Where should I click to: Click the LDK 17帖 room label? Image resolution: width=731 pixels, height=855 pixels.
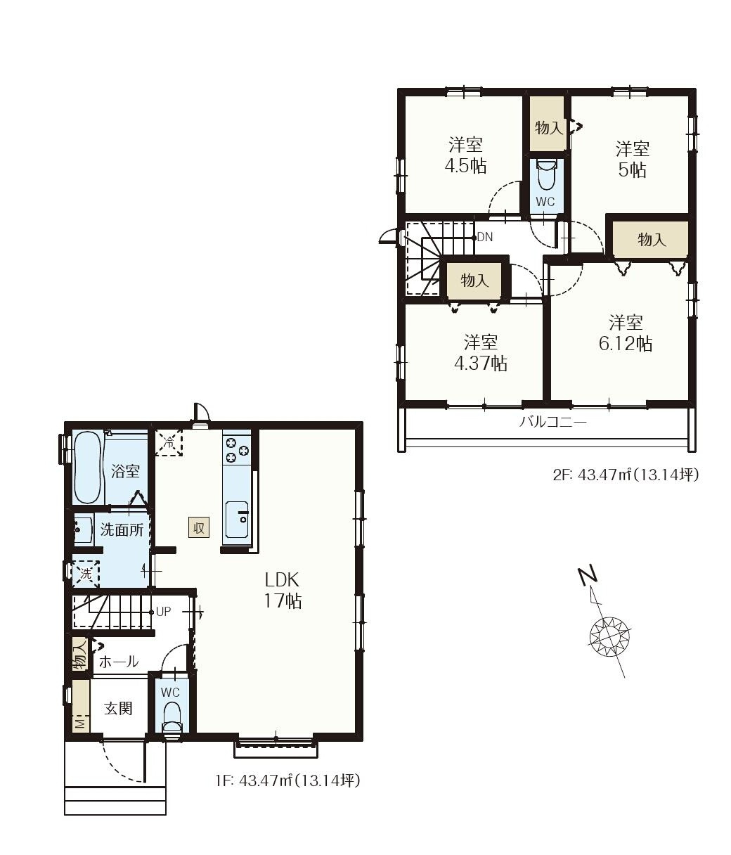pyautogui.click(x=283, y=590)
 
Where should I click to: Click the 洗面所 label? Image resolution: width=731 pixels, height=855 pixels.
pyautogui.click(x=122, y=529)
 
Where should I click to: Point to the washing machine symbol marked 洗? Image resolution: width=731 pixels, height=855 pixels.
pyautogui.click(x=86, y=574)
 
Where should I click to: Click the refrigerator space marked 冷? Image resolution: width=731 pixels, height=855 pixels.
pyautogui.click(x=169, y=442)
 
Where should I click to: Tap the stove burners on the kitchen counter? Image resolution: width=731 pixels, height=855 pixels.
pyautogui.click(x=236, y=449)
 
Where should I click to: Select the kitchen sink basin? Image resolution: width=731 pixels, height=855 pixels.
pyautogui.click(x=237, y=519)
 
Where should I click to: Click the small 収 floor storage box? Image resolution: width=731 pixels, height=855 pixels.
pyautogui.click(x=199, y=527)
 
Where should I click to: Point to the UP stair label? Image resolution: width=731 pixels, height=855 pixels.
pyautogui.click(x=163, y=611)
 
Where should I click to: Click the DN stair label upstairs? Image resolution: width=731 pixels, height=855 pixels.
pyautogui.click(x=485, y=237)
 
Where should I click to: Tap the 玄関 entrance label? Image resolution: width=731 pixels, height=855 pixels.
pyautogui.click(x=118, y=708)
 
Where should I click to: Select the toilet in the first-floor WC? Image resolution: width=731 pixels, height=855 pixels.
pyautogui.click(x=172, y=719)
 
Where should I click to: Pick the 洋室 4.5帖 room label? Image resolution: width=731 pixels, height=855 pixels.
pyautogui.click(x=465, y=155)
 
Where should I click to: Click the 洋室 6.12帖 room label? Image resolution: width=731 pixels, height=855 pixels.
pyautogui.click(x=626, y=333)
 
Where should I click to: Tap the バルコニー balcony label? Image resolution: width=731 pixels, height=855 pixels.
pyautogui.click(x=553, y=423)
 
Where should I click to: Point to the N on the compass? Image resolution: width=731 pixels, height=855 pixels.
pyautogui.click(x=588, y=575)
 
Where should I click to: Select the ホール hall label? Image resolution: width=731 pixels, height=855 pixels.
pyautogui.click(x=119, y=662)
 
